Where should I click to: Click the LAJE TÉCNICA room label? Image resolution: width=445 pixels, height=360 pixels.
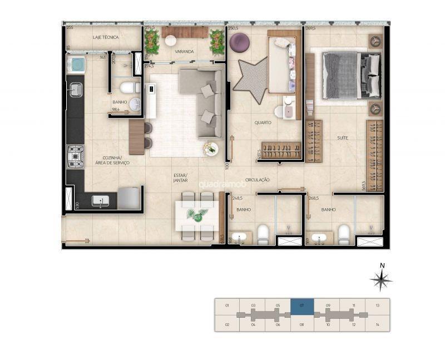(x=105, y=37)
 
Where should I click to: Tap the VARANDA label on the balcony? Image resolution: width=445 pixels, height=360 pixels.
(x=184, y=52)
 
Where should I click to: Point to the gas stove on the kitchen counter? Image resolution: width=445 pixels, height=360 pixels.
(x=75, y=156)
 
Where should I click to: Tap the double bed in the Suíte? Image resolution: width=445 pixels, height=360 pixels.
(x=350, y=75)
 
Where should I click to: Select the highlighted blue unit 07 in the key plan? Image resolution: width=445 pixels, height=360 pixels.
(x=302, y=306)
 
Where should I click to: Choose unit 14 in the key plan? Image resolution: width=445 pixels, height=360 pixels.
(x=378, y=324)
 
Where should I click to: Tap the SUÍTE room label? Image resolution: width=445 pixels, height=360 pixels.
(x=343, y=137)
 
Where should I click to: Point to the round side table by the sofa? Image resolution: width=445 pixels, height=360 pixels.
(x=210, y=149)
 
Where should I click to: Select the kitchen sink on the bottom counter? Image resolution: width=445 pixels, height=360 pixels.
(x=101, y=201)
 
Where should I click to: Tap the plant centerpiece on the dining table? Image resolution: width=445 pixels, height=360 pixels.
(x=195, y=214)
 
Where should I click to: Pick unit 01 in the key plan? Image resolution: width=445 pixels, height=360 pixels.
(x=227, y=306)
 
